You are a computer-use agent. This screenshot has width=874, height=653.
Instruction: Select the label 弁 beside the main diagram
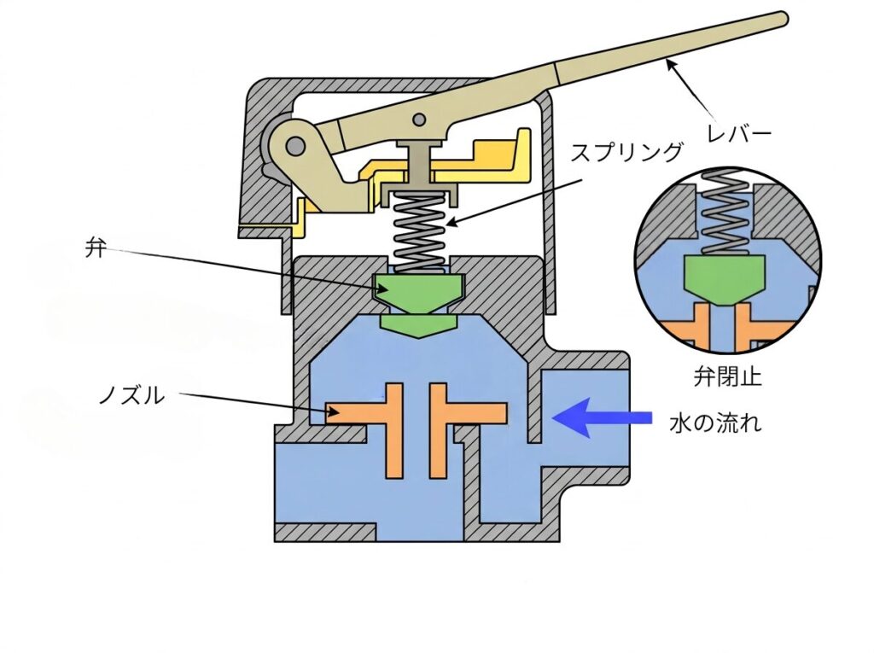pos(93,248)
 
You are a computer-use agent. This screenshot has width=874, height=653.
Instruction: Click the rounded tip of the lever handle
pos(780,18)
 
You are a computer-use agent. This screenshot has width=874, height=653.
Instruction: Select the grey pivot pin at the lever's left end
pos(294,148)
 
